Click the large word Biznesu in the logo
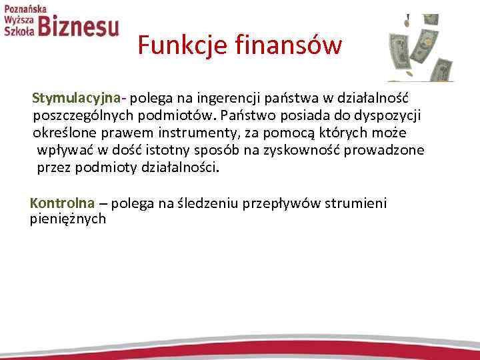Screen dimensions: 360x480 tap(79, 27)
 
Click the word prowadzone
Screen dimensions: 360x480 tap(388, 150)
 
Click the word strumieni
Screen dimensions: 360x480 tap(355, 203)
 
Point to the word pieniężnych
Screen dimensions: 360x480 tap(68, 219)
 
